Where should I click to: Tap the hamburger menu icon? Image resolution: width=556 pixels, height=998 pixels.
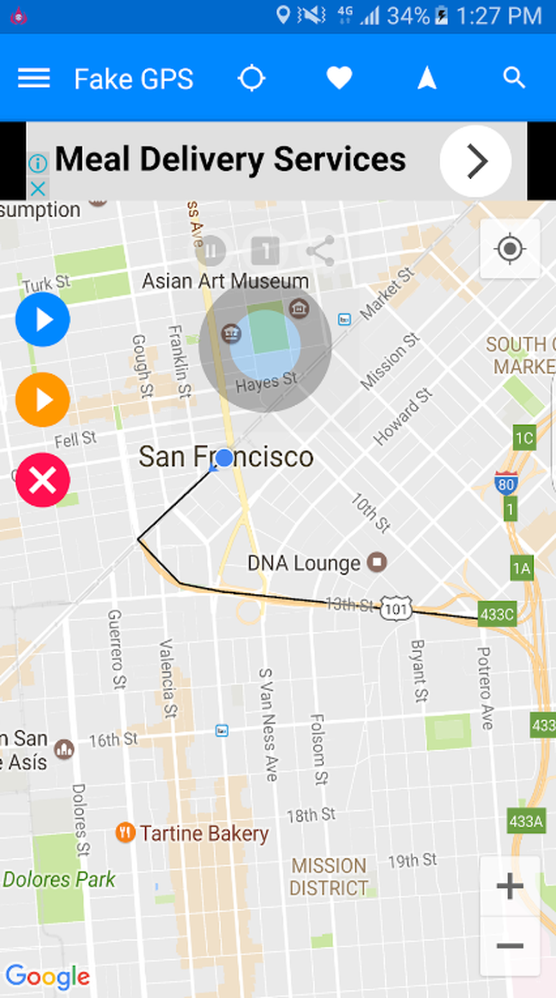34,78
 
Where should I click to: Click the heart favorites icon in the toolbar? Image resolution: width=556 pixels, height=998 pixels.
339,78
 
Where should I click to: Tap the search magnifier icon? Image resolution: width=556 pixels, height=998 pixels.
514,78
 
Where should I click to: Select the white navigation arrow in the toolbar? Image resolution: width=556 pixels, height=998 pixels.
426,78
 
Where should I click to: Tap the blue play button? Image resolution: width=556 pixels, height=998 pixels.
42,319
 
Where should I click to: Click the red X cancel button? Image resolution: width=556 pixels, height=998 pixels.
42,480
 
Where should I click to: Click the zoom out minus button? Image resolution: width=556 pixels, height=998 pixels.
509,946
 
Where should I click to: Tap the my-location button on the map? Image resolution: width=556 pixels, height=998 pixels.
509,249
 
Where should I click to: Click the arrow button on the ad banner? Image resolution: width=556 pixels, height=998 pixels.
475,161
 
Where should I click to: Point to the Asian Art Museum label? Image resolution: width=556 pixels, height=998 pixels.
225,281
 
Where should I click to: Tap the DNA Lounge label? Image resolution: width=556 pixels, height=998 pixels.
304,563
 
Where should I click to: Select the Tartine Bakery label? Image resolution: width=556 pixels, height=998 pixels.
203,833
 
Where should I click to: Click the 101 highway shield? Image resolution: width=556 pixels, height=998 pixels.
396,608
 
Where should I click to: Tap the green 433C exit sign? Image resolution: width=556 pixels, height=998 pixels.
497,614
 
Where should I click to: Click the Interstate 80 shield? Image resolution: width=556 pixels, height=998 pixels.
505,483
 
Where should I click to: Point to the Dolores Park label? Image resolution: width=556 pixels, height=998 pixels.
59,879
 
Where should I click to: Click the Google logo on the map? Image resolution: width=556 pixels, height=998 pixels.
47,977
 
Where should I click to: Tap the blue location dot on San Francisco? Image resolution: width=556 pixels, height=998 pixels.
224,458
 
